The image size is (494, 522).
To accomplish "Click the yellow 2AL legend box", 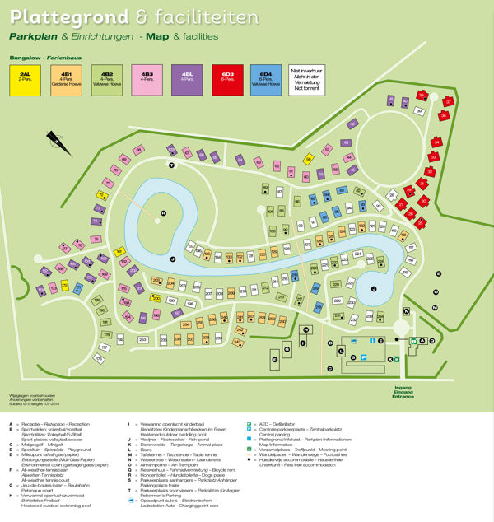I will (x=25, y=78).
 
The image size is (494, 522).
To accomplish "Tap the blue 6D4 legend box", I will (x=265, y=78).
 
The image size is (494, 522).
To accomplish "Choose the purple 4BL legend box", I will (x=189, y=78).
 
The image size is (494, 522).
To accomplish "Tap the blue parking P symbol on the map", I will (x=363, y=357).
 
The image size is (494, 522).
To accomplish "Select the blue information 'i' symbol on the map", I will (x=372, y=339).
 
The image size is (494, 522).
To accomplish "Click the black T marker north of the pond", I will (x=172, y=165).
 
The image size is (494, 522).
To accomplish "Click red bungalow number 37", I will (x=449, y=101).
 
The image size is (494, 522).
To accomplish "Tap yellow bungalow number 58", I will (x=309, y=160).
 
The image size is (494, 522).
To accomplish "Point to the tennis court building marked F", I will (x=274, y=357).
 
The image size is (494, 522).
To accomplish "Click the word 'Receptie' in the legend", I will (x=35, y=425).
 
